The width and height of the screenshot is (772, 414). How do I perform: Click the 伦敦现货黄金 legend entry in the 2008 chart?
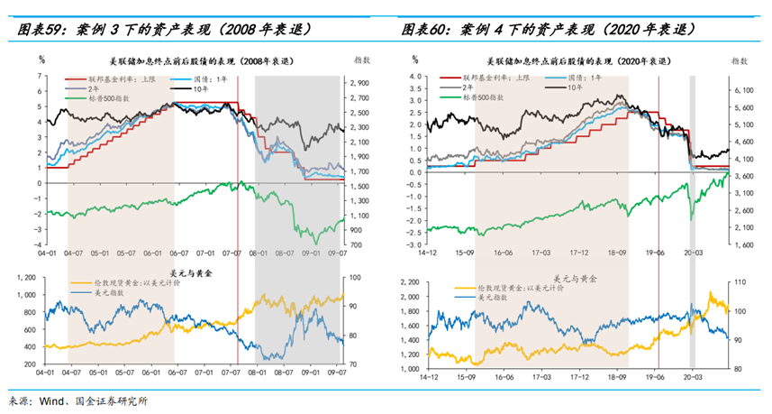pos(125,282)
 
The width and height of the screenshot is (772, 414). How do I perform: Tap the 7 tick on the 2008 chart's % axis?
pos(40,76)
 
